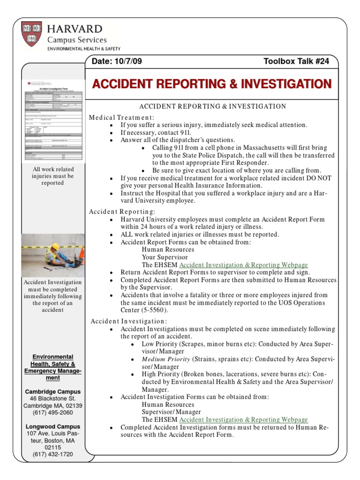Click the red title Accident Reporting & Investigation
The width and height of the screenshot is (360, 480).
click(211, 84)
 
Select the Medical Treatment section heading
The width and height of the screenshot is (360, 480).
click(121, 117)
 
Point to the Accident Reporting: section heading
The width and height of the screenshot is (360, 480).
click(122, 211)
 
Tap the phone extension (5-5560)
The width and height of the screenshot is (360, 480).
click(152, 310)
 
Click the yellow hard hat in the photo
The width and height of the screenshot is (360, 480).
click(55, 246)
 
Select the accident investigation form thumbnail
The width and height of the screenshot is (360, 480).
click(52, 120)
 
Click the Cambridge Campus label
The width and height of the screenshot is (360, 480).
click(52, 391)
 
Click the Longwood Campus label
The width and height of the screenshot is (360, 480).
click(52, 427)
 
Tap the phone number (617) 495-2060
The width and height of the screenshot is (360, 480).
click(52, 412)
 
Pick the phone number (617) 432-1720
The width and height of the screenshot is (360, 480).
click(52, 454)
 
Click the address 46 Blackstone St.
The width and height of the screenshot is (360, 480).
click(52, 398)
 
